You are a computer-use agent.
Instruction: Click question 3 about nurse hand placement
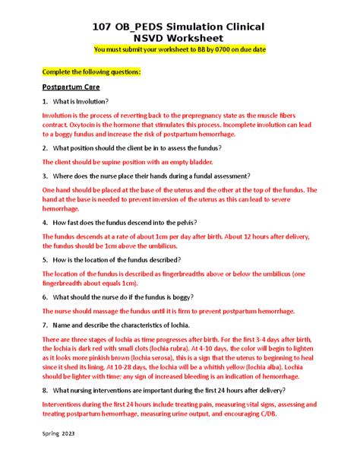pos(144,176)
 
